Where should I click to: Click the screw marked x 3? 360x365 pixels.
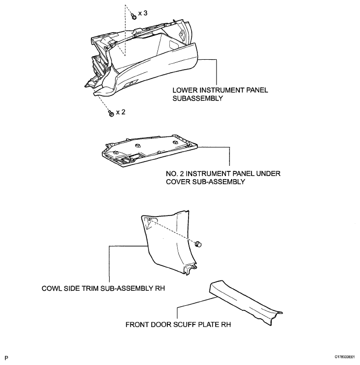click(134, 16)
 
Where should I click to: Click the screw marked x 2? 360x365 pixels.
click(111, 114)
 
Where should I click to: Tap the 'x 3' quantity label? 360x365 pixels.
click(143, 13)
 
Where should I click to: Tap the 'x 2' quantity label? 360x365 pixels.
click(121, 112)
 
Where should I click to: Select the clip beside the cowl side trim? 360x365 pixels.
click(198, 244)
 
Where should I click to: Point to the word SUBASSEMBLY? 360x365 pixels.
click(198, 98)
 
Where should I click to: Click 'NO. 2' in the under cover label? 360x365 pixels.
click(175, 173)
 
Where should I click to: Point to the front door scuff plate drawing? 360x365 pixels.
click(245, 302)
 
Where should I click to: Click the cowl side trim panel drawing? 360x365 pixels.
click(168, 242)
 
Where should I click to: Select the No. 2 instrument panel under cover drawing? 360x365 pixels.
click(149, 150)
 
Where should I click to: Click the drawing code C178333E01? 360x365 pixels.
click(344, 357)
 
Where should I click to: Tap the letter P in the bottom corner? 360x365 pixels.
click(7, 358)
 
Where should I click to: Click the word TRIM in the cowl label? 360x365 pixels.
click(90, 288)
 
